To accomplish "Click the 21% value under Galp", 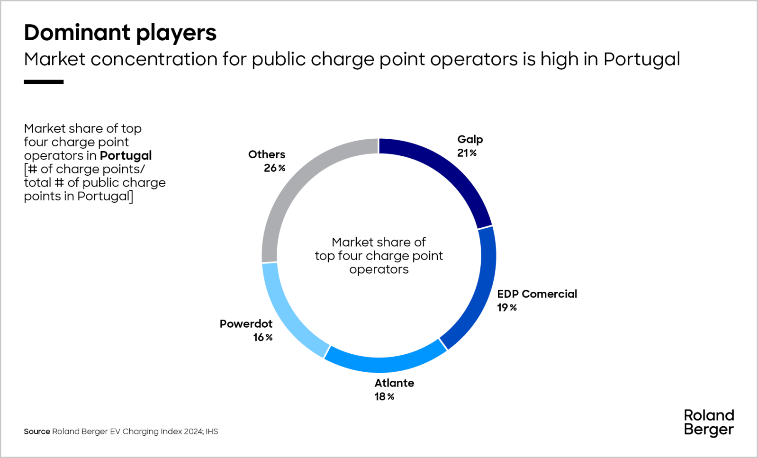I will coord(467,153).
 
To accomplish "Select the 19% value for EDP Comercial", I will coord(506,308).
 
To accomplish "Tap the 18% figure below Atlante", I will coord(384,397).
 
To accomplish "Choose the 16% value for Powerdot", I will coord(262,338).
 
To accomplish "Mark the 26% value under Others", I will coord(274,168).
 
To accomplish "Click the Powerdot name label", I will coord(246,324).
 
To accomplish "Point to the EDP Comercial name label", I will coord(537,294).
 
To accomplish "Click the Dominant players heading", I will coord(120,33).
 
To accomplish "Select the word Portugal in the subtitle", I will coord(641,60).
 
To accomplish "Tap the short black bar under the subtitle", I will coord(44,82).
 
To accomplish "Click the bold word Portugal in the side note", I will coord(126,156).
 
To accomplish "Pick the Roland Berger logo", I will coord(709,422).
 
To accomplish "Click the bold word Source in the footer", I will coord(36,431).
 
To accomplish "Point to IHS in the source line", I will coord(212,431).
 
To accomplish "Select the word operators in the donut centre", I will coord(379,270).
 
